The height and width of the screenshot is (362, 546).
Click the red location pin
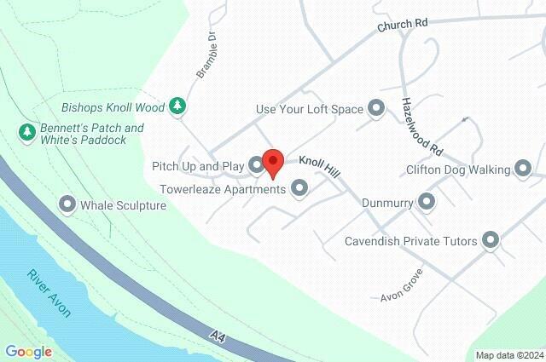[272, 163]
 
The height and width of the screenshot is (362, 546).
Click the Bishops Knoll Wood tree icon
[177, 106]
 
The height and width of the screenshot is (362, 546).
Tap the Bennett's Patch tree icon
[26, 132]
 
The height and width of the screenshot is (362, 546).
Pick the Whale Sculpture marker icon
[67, 204]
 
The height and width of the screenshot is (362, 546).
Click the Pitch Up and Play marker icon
[256, 164]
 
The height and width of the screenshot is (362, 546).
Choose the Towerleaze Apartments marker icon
[299, 188]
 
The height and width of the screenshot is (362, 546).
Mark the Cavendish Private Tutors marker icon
[491, 240]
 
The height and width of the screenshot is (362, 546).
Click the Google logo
[29, 352]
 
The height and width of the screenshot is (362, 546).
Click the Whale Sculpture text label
[123, 205]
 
